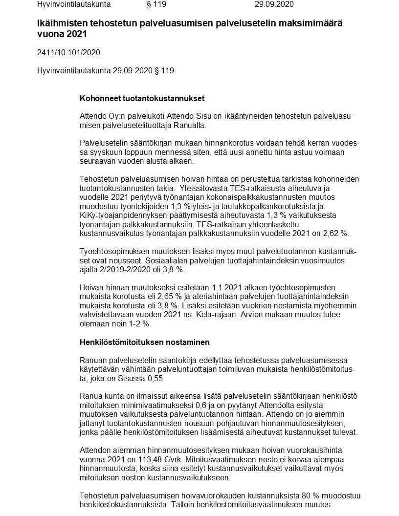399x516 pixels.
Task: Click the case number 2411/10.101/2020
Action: (x=68, y=52)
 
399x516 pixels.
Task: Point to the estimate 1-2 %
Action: (x=139, y=323)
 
